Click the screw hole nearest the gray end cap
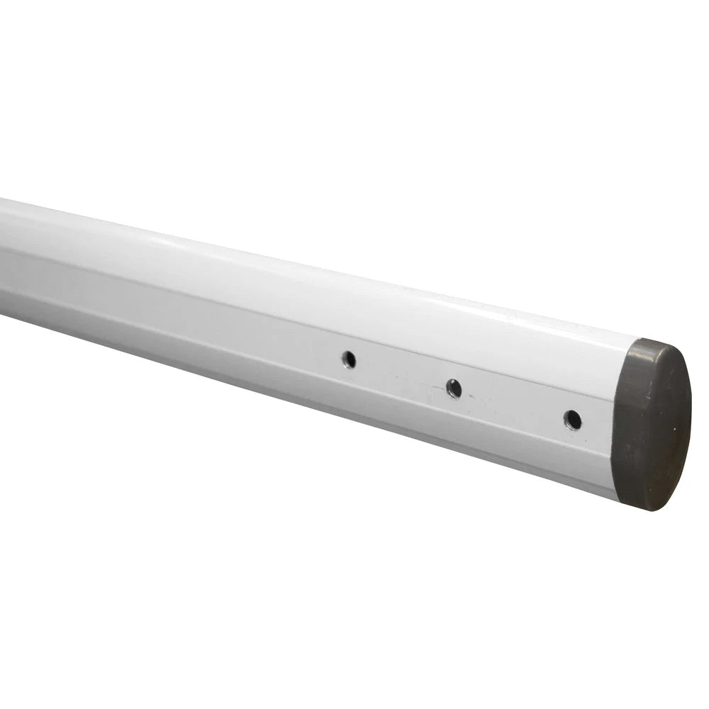[572, 420]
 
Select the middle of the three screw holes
[454, 389]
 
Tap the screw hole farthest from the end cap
[349, 359]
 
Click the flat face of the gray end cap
[656, 425]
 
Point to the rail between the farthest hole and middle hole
[401, 374]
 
